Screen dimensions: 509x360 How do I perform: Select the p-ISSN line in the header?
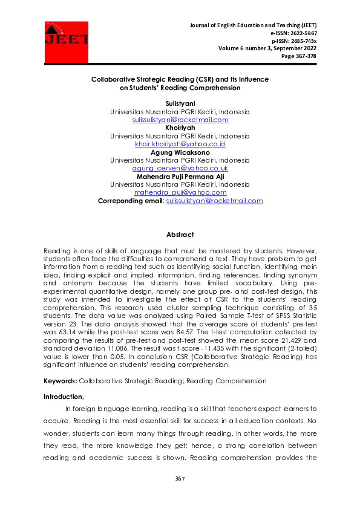pos(294,41)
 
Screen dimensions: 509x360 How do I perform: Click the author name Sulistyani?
pos(179,105)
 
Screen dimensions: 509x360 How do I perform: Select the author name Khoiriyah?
pos(180,128)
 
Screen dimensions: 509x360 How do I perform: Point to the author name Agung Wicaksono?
pos(180,152)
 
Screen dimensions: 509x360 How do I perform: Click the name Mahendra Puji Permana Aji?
pos(180,176)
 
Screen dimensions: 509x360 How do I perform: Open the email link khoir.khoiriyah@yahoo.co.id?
pos(180,144)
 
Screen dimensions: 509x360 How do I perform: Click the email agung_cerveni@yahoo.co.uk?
pos(180,168)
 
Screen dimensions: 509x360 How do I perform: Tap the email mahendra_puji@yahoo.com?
pos(180,192)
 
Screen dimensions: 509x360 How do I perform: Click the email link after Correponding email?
pos(214,200)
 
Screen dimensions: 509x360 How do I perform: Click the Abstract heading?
pos(180,235)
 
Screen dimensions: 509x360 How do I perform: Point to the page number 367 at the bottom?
pos(180,479)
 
